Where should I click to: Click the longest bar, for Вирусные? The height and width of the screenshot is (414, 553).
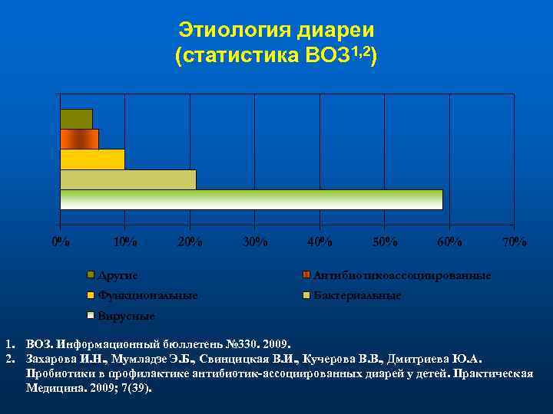pyautogui.click(x=251, y=199)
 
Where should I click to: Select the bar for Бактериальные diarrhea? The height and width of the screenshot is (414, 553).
pyautogui.click(x=128, y=179)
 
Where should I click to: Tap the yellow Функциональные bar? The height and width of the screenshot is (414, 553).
pyautogui.click(x=92, y=159)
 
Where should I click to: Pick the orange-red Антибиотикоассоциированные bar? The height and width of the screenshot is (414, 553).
pyautogui.click(x=79, y=140)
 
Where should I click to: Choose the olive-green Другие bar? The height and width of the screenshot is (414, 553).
pyautogui.click(x=76, y=120)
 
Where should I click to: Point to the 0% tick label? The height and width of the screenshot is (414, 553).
pyautogui.click(x=61, y=242)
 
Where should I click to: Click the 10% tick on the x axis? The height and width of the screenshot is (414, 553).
pyautogui.click(x=125, y=242)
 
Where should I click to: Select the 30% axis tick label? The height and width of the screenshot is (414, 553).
pyautogui.click(x=254, y=242)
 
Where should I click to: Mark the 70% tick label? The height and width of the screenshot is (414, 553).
pyautogui.click(x=514, y=242)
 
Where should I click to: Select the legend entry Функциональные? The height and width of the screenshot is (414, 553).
pyautogui.click(x=147, y=295)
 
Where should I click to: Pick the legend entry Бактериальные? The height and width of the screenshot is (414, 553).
pyautogui.click(x=356, y=295)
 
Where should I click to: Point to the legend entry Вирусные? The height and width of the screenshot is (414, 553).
pyautogui.click(x=126, y=316)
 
